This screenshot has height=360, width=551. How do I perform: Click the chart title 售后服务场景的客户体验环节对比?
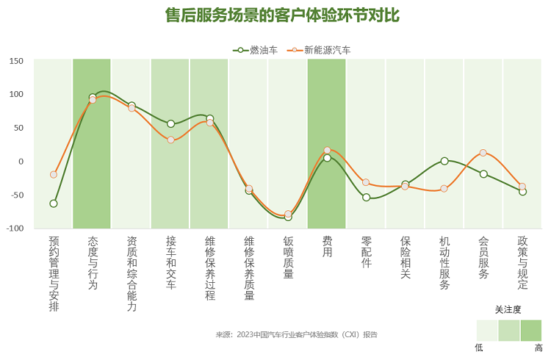(x=283, y=15)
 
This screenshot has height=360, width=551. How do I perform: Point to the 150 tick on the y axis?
(x=15, y=61)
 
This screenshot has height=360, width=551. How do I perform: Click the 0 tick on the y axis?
(x=21, y=162)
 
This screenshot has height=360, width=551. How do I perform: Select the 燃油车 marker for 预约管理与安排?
(x=54, y=204)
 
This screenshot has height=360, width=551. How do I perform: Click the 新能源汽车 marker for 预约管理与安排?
(x=54, y=175)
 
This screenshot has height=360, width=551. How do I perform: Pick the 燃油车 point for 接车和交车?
(x=170, y=123)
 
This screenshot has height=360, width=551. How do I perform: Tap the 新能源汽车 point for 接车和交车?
(x=170, y=140)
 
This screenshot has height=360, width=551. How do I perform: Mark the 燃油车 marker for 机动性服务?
(x=444, y=161)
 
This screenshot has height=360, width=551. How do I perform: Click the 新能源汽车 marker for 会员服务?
(x=483, y=153)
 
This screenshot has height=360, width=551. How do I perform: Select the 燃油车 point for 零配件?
(x=366, y=197)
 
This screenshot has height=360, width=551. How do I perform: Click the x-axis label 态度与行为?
(x=93, y=262)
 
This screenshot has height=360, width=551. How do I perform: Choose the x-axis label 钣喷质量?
(x=288, y=257)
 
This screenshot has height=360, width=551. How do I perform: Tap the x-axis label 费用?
(x=327, y=246)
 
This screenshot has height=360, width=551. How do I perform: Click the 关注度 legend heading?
(x=508, y=309)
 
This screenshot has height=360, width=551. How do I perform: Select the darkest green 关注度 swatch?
(x=531, y=331)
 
